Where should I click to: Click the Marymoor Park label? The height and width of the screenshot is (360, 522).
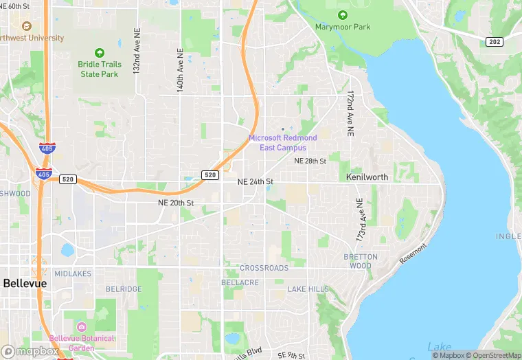tap(342, 27)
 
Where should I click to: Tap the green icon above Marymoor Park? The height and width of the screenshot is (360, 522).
tap(342, 15)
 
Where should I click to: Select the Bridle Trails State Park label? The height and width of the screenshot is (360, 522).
tap(100, 69)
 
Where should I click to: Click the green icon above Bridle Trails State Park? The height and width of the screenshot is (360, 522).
tap(100, 53)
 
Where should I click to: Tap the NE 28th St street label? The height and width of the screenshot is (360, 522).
tap(310, 161)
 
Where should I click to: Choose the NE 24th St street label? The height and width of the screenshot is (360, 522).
tap(256, 182)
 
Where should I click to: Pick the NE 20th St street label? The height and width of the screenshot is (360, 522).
tap(176, 203)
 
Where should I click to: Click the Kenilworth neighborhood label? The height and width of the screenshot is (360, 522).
tap(367, 177)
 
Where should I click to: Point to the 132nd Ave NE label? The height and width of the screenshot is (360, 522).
tap(137, 52)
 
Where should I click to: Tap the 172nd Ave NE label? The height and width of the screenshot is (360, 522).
tap(350, 112)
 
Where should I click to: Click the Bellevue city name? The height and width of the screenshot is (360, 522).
tap(24, 283)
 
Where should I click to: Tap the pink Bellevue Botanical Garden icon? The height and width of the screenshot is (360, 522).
tap(82, 326)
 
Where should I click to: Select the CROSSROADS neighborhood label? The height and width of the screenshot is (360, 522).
tap(264, 268)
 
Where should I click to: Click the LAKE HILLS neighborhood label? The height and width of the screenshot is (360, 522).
tap(308, 289)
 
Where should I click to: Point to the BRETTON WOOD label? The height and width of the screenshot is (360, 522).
tap(361, 261)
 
